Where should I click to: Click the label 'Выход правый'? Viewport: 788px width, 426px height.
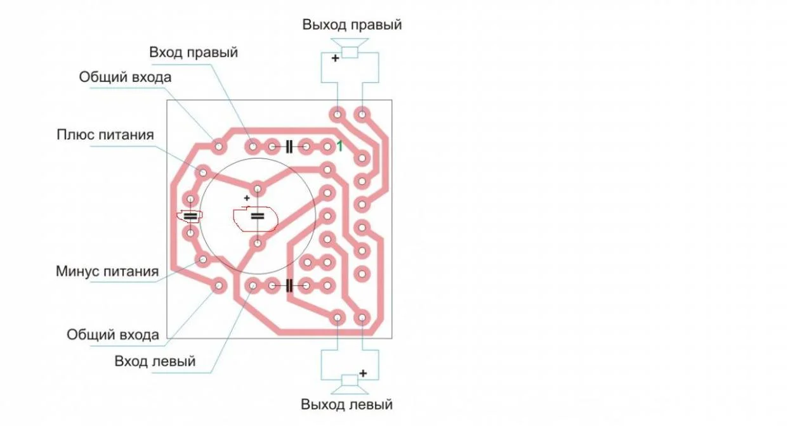(x=351, y=25)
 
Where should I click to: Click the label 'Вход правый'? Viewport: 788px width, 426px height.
(x=194, y=53)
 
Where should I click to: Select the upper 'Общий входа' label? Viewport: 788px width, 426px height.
(x=125, y=77)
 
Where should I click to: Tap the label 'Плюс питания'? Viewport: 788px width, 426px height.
(x=105, y=134)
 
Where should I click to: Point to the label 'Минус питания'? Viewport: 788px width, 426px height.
(x=107, y=271)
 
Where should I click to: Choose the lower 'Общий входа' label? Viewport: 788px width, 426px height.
(x=113, y=335)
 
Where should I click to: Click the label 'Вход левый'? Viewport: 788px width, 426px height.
(x=155, y=361)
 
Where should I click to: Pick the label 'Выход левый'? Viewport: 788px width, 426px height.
(x=346, y=404)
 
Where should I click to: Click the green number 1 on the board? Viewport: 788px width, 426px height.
(x=340, y=146)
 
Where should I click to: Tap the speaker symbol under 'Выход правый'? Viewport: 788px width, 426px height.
(x=350, y=48)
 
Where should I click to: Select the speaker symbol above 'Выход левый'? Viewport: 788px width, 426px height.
(x=350, y=384)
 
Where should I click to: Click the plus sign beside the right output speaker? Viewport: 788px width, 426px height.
(x=335, y=58)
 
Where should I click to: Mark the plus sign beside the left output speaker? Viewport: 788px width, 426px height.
(x=363, y=373)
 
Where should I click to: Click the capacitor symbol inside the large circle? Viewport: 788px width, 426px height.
(x=258, y=216)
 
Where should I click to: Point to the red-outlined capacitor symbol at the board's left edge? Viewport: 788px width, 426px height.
(x=190, y=216)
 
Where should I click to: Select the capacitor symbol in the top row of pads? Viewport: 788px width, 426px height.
(x=289, y=146)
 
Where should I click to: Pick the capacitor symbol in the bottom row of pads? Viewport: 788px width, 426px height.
(x=289, y=285)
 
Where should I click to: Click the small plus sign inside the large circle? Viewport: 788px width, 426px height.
(x=247, y=198)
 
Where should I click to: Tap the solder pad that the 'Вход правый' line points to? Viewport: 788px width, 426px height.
(x=253, y=146)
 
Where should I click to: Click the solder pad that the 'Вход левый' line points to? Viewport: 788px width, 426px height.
(x=253, y=285)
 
